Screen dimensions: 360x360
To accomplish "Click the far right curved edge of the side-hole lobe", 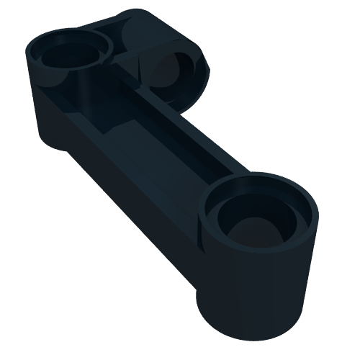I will tap(209, 72).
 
